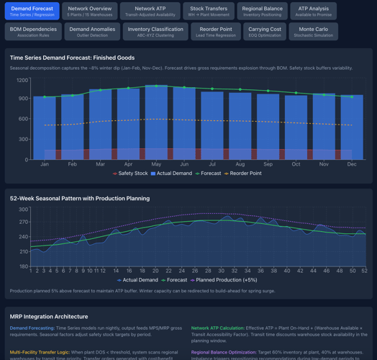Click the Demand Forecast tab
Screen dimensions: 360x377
tap(32, 11)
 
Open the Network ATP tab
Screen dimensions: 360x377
tap(150, 11)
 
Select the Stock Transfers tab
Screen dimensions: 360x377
tap(209, 11)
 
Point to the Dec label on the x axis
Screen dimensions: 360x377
tap(352, 164)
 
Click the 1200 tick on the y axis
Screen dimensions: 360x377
tap(22, 81)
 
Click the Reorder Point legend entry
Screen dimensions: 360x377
tap(245, 174)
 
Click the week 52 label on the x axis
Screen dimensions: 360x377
tap(364, 271)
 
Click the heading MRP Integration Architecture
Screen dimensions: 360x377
tap(49, 316)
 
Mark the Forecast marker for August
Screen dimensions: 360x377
tap(240, 90)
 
